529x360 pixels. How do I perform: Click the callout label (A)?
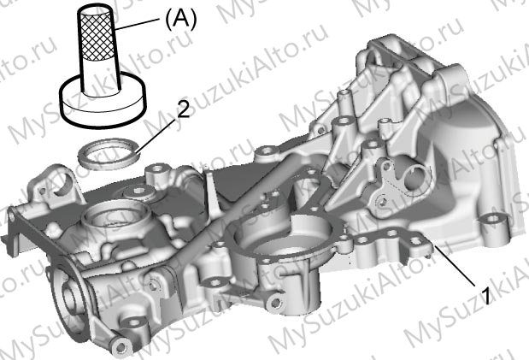point(180,21)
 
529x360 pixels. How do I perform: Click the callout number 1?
point(485,296)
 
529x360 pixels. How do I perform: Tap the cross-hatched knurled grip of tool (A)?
point(97,33)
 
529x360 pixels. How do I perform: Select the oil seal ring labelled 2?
point(109,154)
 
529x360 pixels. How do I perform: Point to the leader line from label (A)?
point(136,25)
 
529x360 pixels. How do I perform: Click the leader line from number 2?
point(156,135)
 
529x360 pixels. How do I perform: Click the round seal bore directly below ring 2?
point(115,216)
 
